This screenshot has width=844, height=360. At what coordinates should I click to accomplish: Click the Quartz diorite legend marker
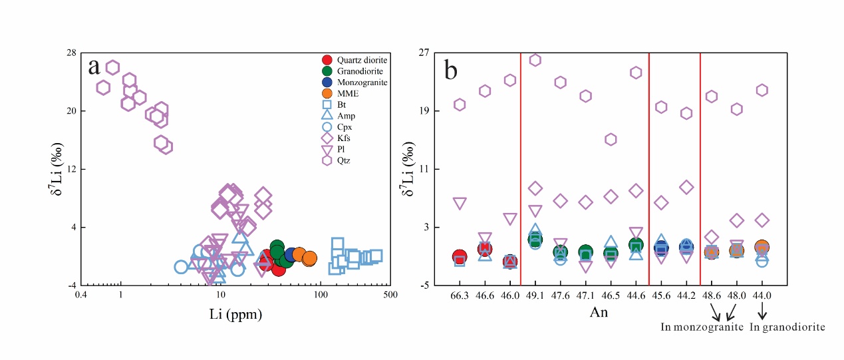coord(327,60)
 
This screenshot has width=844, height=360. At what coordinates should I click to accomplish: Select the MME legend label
coord(348,93)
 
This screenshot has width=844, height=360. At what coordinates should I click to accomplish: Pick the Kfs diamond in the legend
coord(327,138)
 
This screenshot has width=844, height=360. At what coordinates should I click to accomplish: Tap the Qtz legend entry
coord(327,160)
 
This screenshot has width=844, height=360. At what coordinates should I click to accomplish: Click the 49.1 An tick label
coord(535,294)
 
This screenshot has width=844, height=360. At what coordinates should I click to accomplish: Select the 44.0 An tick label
coord(762,294)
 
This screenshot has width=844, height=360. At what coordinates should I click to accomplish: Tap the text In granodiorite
coord(787,327)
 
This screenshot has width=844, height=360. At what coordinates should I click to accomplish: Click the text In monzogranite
coord(701,327)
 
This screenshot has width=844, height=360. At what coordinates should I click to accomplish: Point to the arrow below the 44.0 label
coord(762,311)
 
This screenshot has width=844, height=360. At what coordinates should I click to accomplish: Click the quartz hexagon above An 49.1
coord(535,60)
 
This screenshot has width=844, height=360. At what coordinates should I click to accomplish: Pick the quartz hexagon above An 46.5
coord(611,139)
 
